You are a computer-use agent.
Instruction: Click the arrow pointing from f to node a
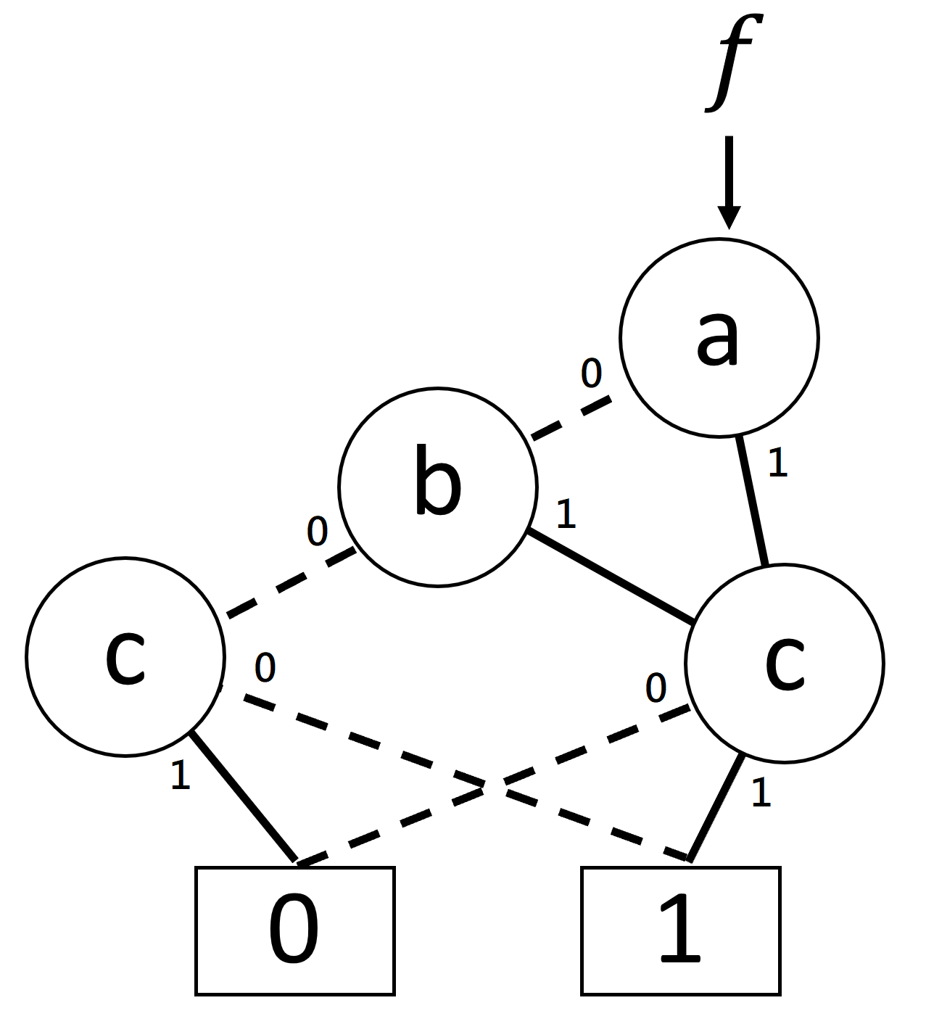point(729,181)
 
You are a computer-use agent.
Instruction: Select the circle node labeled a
point(719,338)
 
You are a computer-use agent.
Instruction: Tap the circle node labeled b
point(438,487)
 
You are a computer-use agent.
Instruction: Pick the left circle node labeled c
point(125,657)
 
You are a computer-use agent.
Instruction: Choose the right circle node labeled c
point(785,663)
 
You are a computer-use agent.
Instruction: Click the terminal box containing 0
point(294,930)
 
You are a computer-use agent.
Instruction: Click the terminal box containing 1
point(680,930)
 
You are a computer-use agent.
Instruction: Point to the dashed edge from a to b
point(571,418)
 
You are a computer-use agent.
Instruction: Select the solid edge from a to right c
point(751,500)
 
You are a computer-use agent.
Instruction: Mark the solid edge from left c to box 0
point(243,797)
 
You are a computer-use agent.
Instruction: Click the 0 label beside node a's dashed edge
point(591,373)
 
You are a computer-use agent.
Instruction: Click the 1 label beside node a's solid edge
point(777,463)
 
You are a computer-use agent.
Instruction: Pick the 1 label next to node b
point(566,514)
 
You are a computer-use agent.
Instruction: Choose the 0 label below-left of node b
point(317,532)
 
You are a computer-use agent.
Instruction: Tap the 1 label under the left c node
point(180,776)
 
